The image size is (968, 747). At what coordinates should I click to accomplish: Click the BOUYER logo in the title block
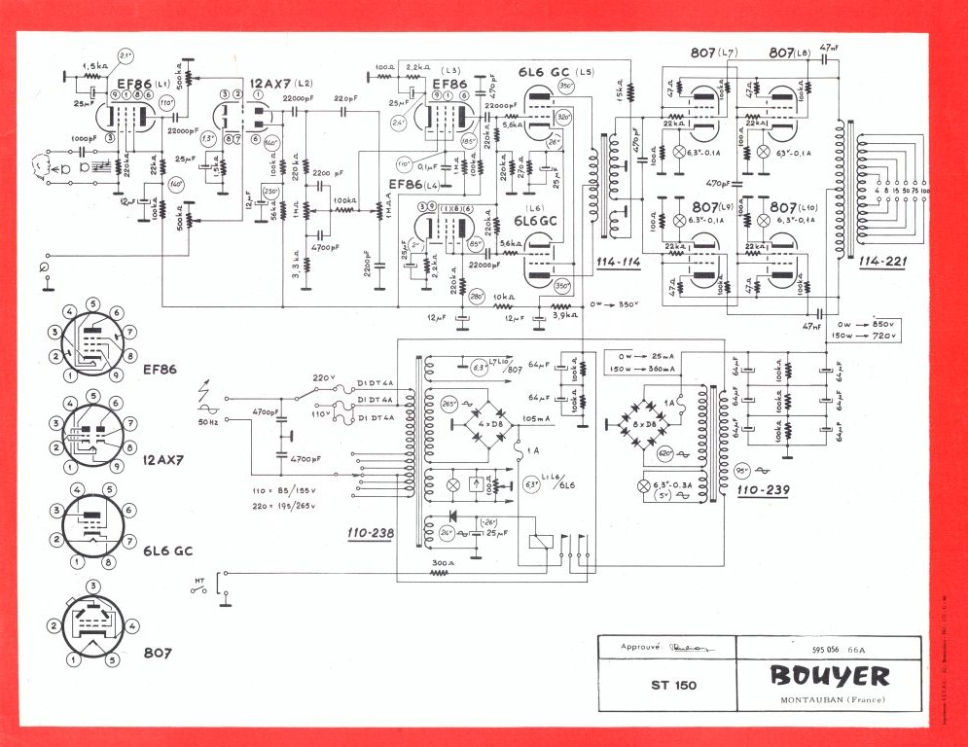[x=829, y=675]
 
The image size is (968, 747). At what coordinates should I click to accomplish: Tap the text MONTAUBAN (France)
[x=829, y=700]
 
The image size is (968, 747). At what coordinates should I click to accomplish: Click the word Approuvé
[x=642, y=647]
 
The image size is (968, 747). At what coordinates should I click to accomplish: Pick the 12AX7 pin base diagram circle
[x=90, y=435]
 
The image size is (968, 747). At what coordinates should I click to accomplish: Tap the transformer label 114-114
[x=615, y=263]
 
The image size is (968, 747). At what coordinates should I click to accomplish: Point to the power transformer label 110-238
[x=369, y=534]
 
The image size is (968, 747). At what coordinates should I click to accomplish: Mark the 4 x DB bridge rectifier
[x=482, y=425]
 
